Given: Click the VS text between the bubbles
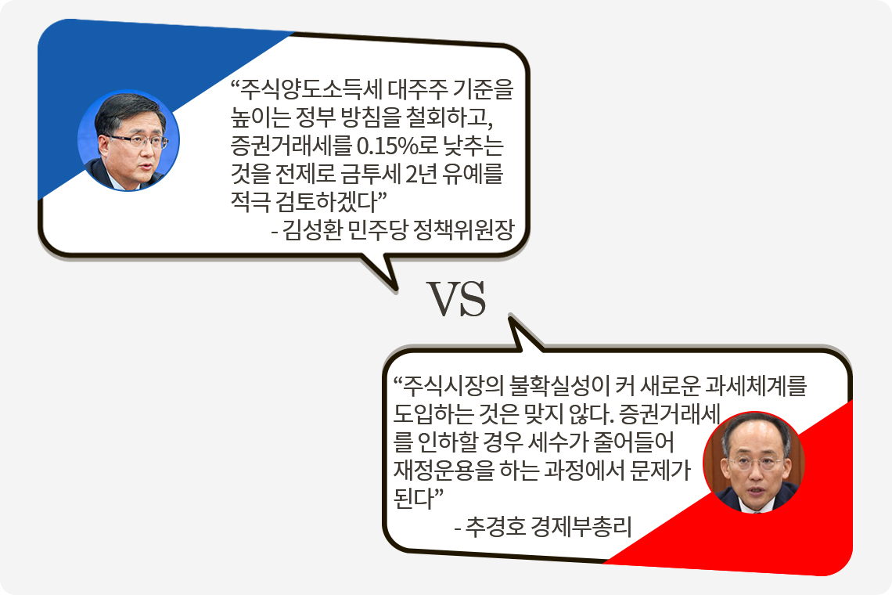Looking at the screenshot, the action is coord(457,299).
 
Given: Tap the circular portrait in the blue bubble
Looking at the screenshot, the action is coord(128,140).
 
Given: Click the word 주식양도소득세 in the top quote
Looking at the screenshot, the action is coord(311,90).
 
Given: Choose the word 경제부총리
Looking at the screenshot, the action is coord(581,527).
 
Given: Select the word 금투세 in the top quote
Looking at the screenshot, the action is coord(370,174).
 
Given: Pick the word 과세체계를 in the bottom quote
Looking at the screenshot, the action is coord(756,387).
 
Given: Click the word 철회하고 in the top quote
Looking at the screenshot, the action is coord(449,118).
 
